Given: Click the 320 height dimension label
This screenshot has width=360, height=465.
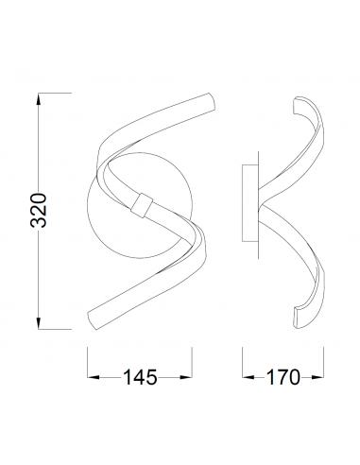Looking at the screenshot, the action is tap(39, 210).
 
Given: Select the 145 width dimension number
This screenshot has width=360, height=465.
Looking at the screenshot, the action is tap(140, 377).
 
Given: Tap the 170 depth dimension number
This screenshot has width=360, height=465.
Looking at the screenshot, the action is tap(283, 377).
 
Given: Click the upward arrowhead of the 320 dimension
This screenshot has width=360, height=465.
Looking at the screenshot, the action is tap(39, 99).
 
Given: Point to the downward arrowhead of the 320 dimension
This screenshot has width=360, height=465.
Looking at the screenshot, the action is tap(39, 323).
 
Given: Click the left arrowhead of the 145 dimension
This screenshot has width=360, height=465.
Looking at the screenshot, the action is tap(94, 377).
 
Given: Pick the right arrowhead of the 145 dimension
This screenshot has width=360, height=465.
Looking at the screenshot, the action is tap(186, 377).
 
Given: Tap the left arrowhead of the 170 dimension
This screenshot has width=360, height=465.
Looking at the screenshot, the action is tap(249, 377).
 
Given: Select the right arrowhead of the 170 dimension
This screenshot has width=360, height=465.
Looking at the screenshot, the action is tap(317, 377).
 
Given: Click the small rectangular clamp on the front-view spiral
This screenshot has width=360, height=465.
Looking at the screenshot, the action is tap(142, 205).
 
